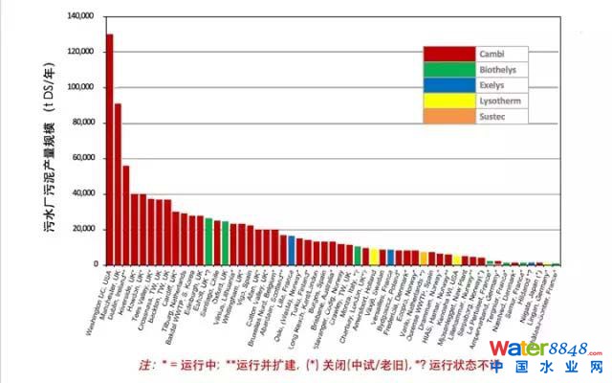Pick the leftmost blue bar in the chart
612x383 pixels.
coord(291,250)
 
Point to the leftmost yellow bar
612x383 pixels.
coord(374,258)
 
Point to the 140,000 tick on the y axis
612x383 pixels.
coord(80,17)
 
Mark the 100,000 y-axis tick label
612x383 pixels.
coord(80,87)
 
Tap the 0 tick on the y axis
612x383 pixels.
coord(95,264)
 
